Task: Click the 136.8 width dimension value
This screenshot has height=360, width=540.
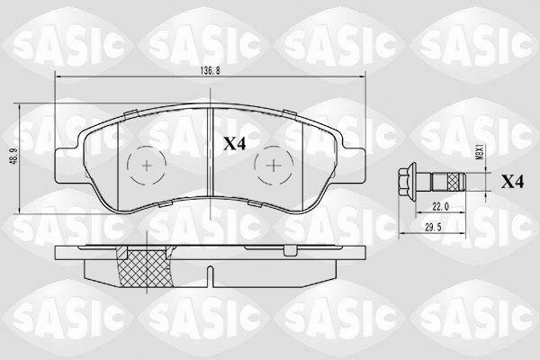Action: [x=210, y=70]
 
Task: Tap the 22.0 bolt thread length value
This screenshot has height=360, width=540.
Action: [x=440, y=206]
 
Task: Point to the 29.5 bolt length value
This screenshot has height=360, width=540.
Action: [x=433, y=227]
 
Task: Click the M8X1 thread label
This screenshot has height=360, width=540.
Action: [x=478, y=152]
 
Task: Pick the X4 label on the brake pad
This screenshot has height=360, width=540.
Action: [x=235, y=144]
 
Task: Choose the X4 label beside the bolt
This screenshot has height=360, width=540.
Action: [x=512, y=182]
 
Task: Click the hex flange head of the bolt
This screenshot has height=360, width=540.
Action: [x=408, y=181]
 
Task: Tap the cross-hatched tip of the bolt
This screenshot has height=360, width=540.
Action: [x=454, y=182]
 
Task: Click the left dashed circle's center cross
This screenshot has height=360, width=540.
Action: [x=147, y=166]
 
